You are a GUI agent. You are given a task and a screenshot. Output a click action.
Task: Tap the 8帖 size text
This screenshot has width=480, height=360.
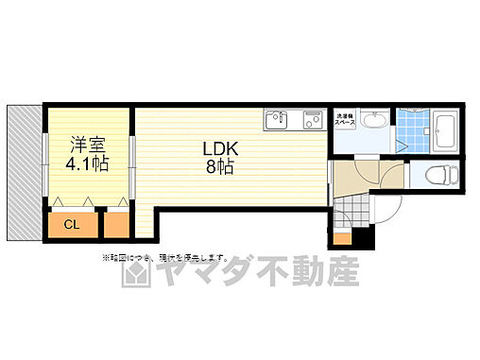(221, 167)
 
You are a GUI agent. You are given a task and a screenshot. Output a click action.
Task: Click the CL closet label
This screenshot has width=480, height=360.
(72, 224)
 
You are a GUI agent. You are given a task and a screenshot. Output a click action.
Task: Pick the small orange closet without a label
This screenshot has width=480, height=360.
(117, 224)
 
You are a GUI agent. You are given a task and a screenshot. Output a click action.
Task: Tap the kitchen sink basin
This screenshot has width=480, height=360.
(277, 120)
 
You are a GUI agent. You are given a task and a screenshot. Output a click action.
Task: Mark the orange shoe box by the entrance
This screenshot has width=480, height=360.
(341, 237)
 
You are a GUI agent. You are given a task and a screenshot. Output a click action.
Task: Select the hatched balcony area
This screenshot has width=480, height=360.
(23, 172)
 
